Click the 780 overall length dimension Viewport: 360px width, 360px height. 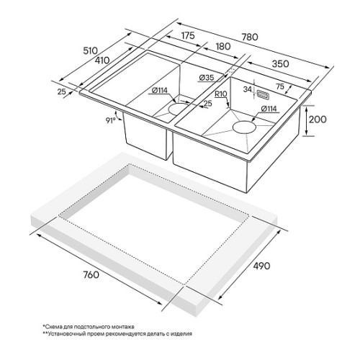(250, 37)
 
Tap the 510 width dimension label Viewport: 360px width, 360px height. (91, 50)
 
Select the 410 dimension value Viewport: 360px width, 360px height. (102, 60)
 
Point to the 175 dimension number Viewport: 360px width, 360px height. (188, 35)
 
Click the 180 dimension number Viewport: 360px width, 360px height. (223, 46)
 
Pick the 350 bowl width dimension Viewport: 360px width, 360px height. (280, 63)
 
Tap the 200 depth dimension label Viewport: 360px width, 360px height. (318, 120)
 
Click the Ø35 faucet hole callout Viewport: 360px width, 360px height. (207, 78)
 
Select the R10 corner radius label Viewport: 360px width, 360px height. (220, 94)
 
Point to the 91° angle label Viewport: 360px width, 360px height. (111, 120)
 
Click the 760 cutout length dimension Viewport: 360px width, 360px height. (91, 274)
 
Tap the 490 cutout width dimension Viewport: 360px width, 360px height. (261, 266)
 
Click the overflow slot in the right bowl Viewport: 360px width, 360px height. (262, 94)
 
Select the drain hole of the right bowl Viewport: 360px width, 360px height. (245, 127)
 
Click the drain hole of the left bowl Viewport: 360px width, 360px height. (178, 109)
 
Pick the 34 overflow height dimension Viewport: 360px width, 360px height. (248, 89)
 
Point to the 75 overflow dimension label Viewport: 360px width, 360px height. (280, 86)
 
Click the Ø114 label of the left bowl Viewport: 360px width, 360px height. (160, 91)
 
